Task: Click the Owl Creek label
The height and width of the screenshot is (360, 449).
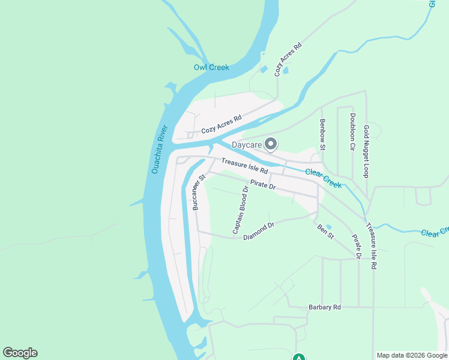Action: click(x=211, y=67)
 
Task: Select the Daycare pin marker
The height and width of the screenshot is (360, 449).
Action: click(x=271, y=143)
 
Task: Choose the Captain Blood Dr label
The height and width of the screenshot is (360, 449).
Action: click(x=240, y=211)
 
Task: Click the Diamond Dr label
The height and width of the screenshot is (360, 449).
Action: click(x=259, y=232)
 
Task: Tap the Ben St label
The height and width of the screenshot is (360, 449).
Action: click(x=325, y=232)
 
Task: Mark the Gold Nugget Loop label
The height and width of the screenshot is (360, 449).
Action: click(x=366, y=151)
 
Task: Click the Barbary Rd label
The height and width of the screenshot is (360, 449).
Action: click(x=325, y=307)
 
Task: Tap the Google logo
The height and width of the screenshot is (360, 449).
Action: click(x=20, y=353)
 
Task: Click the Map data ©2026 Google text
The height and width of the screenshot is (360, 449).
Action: click(x=412, y=355)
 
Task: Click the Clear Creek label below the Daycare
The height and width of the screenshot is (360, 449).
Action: click(x=324, y=178)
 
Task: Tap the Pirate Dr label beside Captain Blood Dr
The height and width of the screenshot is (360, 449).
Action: click(x=262, y=187)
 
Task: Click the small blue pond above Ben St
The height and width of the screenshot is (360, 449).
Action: click(x=328, y=227)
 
